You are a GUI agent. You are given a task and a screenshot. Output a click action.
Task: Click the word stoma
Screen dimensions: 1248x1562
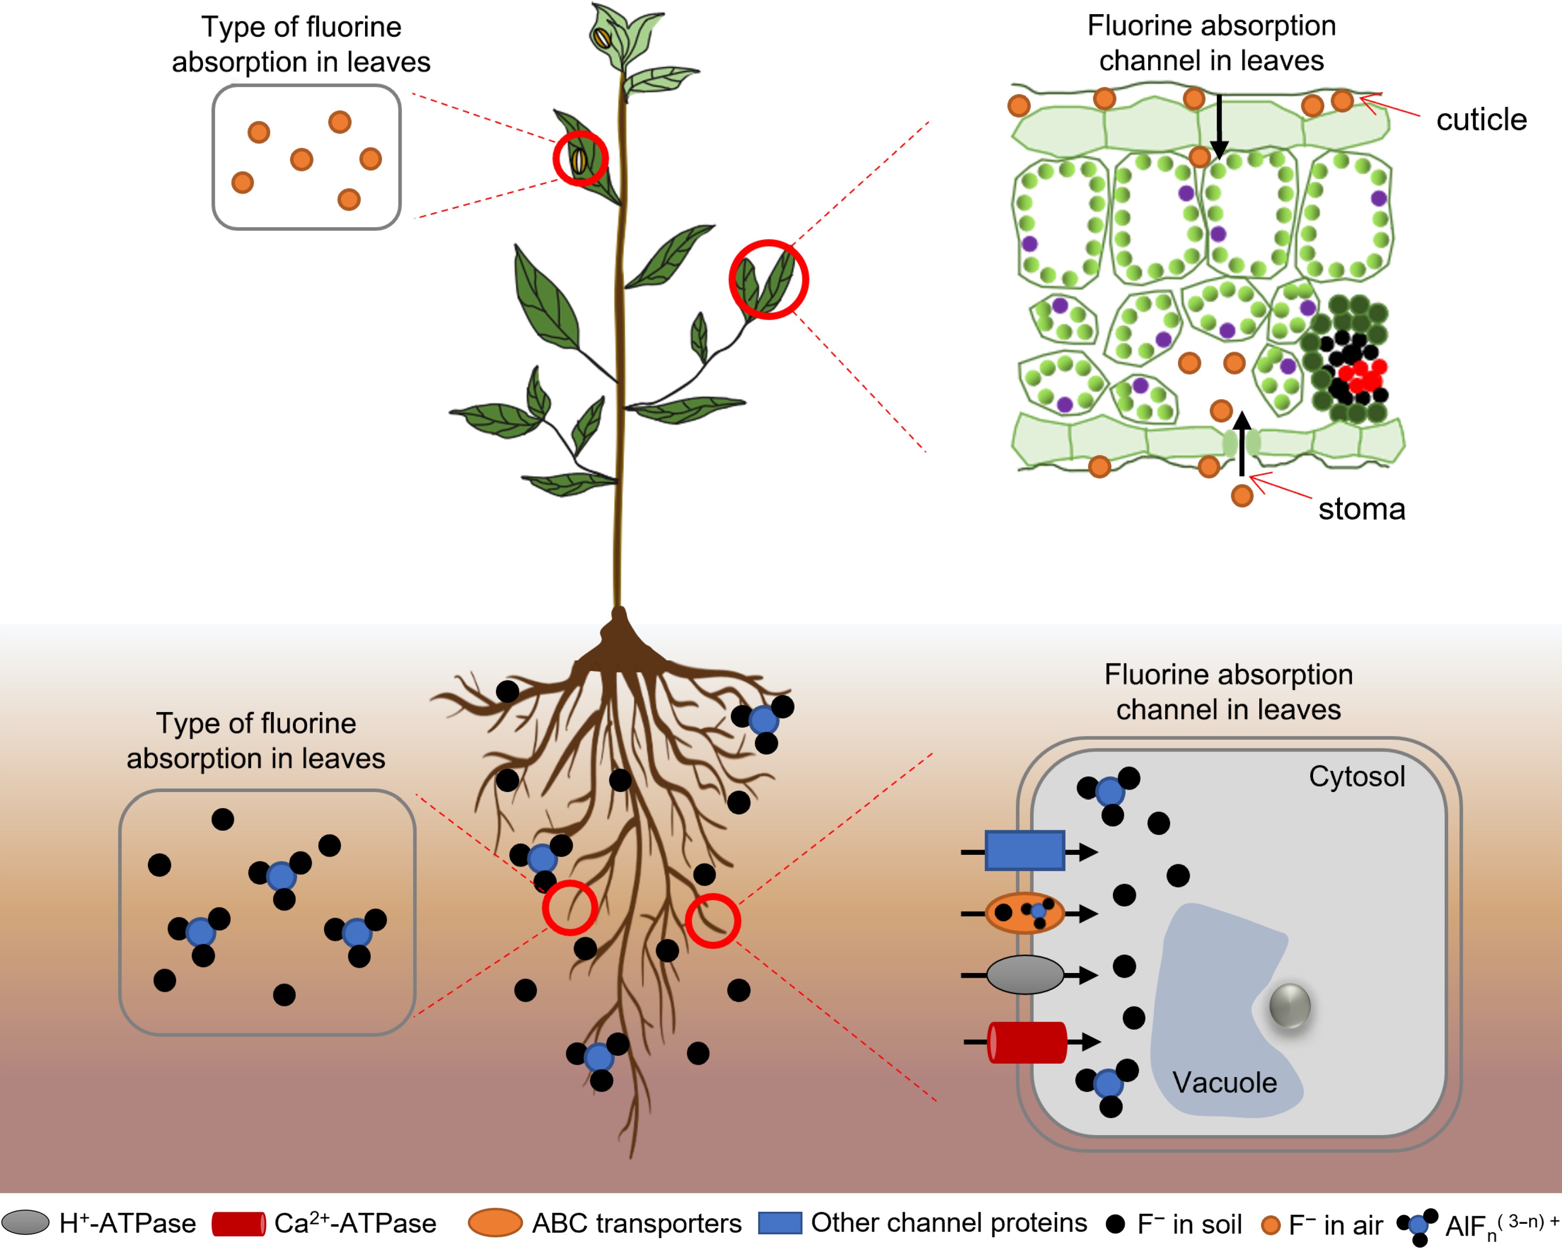click(1361, 509)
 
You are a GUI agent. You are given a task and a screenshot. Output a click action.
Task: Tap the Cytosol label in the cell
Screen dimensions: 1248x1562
click(1356, 776)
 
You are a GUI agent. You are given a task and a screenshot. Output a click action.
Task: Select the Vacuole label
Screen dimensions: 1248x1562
click(1224, 1083)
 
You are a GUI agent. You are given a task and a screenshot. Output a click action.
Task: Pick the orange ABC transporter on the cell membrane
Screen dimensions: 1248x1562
click(1024, 912)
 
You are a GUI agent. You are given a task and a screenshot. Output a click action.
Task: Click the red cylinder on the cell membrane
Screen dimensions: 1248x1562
click(1026, 1042)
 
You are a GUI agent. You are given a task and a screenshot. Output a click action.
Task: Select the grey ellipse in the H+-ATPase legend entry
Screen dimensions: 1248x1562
click(26, 1222)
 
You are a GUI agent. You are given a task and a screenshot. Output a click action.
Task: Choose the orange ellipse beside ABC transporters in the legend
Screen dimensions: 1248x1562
click(495, 1222)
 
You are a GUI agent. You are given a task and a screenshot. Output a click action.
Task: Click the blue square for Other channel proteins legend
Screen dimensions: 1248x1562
click(779, 1222)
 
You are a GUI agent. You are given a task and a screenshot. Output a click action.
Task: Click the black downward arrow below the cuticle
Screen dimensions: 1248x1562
click(1219, 127)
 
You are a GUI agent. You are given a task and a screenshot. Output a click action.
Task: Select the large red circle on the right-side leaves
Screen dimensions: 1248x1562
click(768, 280)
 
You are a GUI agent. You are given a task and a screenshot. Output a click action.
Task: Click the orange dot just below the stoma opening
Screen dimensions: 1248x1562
click(1242, 496)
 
